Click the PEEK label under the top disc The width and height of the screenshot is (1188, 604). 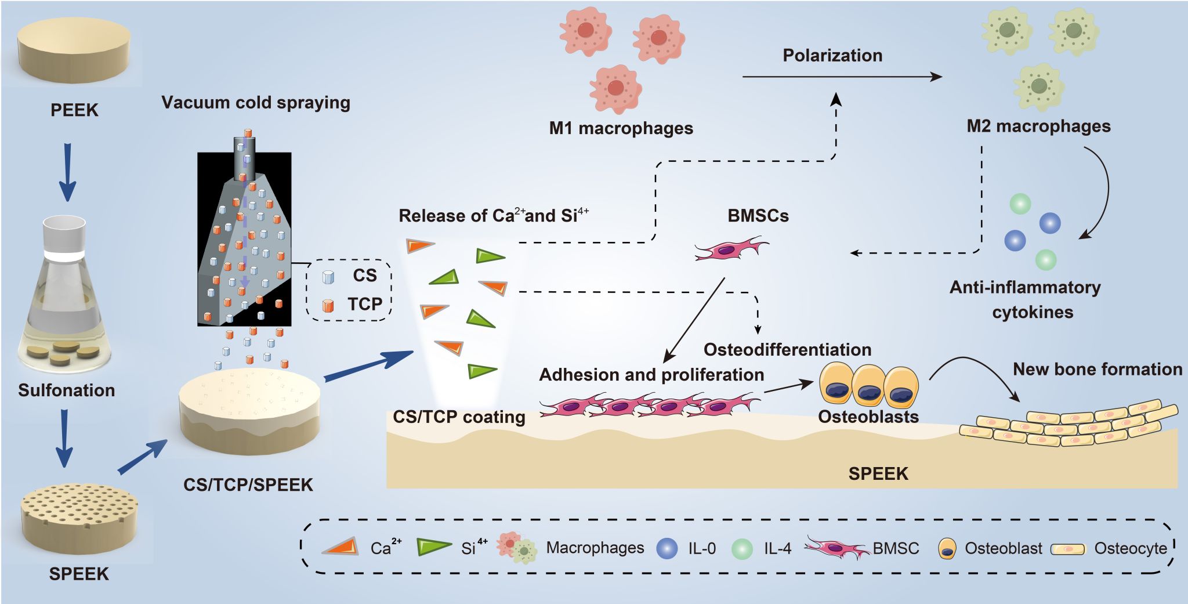click(74, 110)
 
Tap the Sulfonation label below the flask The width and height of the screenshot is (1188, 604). click(66, 390)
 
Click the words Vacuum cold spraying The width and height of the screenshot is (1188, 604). click(255, 103)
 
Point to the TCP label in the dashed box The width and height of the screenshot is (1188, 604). click(365, 304)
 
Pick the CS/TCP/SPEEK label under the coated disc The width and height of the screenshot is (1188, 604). click(248, 484)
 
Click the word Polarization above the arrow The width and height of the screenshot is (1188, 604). click(832, 56)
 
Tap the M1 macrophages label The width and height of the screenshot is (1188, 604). click(621, 128)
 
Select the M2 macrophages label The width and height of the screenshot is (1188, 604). click(1038, 126)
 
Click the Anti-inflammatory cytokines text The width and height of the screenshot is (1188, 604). click(1026, 299)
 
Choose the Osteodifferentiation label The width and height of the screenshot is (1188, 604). click(787, 350)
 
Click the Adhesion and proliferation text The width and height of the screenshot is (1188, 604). click(651, 375)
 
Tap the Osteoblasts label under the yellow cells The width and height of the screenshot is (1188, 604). click(868, 417)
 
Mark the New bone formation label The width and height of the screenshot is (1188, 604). click(1097, 370)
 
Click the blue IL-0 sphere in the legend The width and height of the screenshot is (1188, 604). click(667, 548)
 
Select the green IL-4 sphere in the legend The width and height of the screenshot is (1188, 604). click(742, 548)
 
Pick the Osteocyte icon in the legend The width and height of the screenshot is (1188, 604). click(1068, 549)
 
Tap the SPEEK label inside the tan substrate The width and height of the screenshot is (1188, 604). click(878, 474)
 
